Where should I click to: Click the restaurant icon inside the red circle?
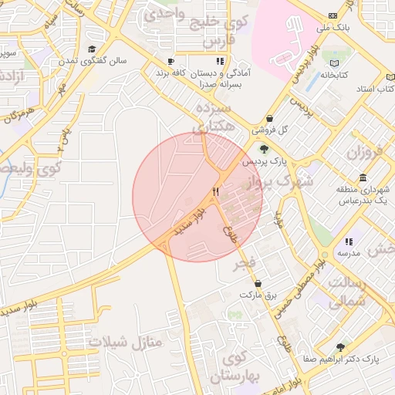217,192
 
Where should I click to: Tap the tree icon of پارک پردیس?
265,150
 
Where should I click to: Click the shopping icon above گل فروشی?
268,118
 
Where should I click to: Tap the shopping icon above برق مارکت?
257,283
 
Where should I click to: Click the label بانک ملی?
333,28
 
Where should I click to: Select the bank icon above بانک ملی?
333,15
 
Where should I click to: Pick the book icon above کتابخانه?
335,63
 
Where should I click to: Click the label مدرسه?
349,253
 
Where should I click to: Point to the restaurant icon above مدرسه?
349,241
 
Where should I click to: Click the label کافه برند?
174,72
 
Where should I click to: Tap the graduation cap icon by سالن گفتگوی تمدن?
92,49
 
